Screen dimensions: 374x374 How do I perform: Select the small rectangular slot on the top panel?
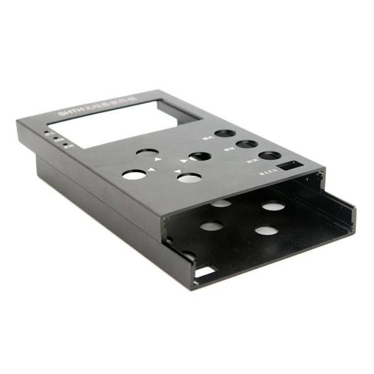pyautogui.click(x=289, y=166)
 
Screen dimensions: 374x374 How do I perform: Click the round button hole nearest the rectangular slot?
pyautogui.click(x=269, y=156)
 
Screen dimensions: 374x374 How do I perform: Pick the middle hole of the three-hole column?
pyautogui.click(x=247, y=145)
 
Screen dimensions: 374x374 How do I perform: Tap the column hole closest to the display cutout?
pyautogui.click(x=224, y=134)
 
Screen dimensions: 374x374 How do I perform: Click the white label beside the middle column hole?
pyautogui.click(x=228, y=150)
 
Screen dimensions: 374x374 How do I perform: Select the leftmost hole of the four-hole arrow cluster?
pyautogui.click(x=133, y=175)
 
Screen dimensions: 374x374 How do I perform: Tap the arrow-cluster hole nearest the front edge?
pyautogui.click(x=189, y=178)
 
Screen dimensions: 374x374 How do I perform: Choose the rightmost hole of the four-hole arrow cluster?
pyautogui.click(x=199, y=156)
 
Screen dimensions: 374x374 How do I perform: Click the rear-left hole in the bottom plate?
pyautogui.click(x=220, y=203)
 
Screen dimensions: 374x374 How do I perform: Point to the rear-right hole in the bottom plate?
pyautogui.click(x=272, y=205)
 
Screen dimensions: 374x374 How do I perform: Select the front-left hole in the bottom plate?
pyautogui.click(x=212, y=226)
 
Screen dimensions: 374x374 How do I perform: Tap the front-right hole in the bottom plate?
pyautogui.click(x=266, y=231)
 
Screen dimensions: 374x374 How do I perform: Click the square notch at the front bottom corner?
pyautogui.click(x=203, y=272)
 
